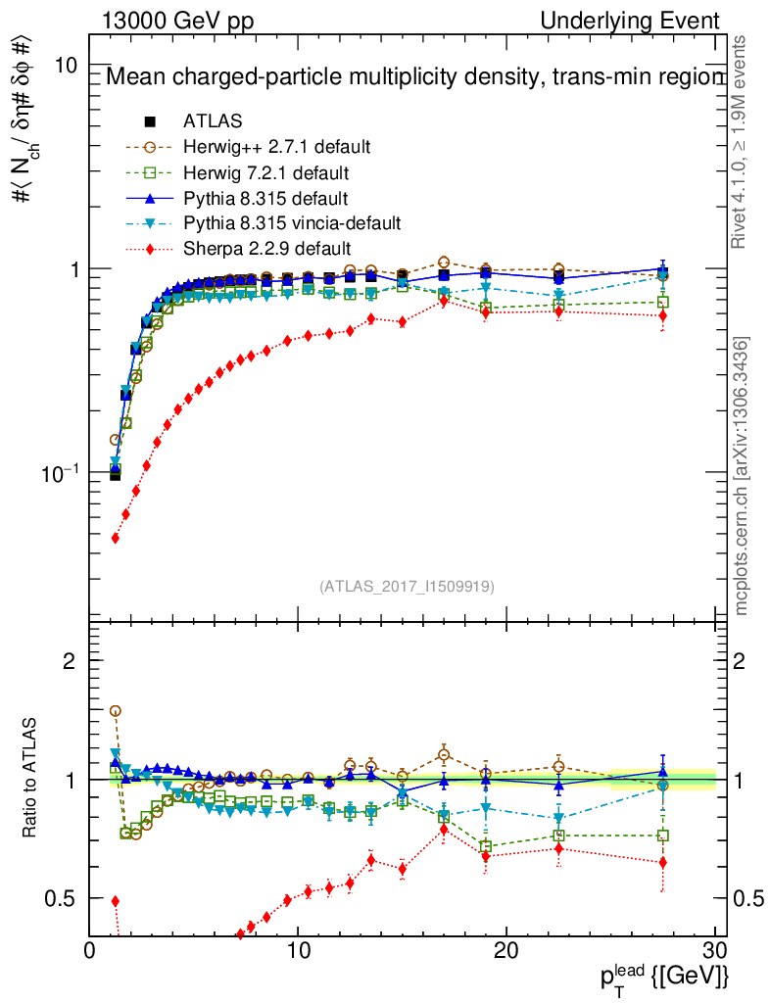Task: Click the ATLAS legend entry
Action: coord(213,121)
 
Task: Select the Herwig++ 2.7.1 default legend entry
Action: coord(276,147)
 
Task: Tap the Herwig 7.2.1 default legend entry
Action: coord(266,172)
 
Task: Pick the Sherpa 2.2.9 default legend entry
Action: coord(266,249)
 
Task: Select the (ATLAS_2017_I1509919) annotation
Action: coord(407,586)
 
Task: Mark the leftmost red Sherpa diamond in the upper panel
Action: coord(116,538)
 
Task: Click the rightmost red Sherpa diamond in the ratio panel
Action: coord(663,862)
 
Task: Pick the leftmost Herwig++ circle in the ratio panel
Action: coord(116,711)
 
